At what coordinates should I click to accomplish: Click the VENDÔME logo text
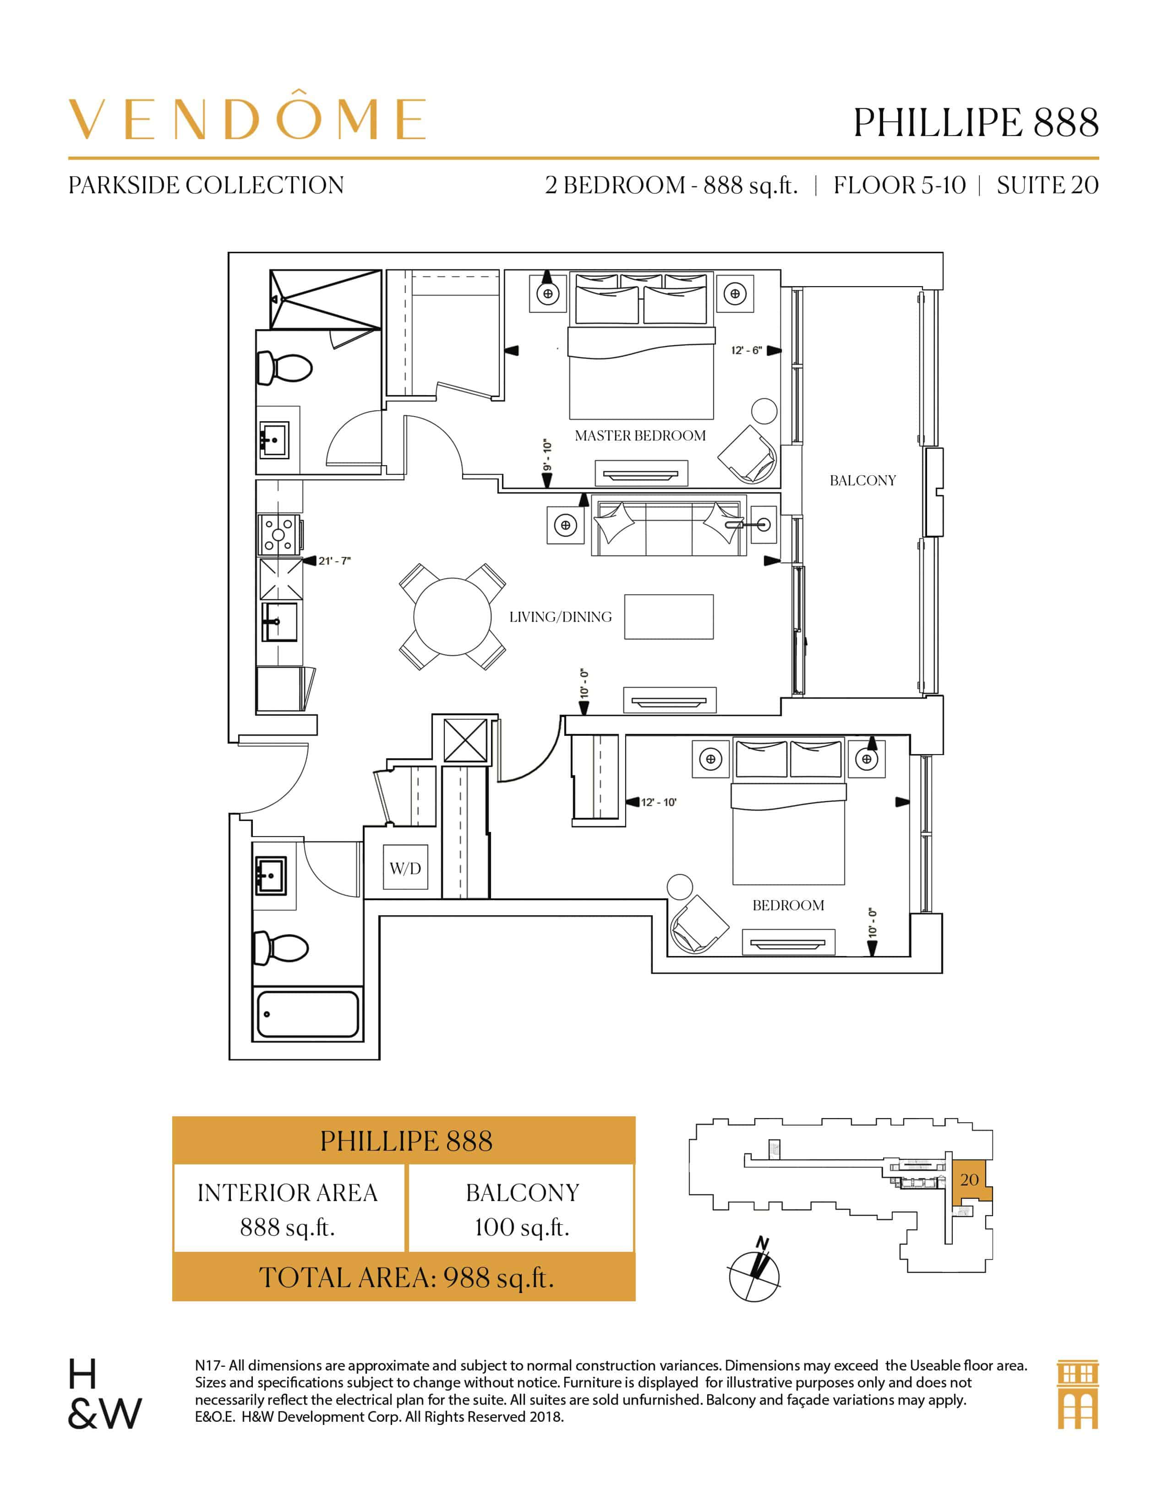[246, 119]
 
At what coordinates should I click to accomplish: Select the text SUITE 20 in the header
[1047, 185]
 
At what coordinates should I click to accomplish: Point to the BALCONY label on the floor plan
[862, 480]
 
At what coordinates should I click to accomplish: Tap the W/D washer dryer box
[405, 868]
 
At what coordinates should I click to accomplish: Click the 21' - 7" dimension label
[334, 561]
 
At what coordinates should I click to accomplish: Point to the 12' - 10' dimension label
[658, 803]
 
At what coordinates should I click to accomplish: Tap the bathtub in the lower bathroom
[308, 1014]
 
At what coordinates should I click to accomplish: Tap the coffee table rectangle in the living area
[668, 616]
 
